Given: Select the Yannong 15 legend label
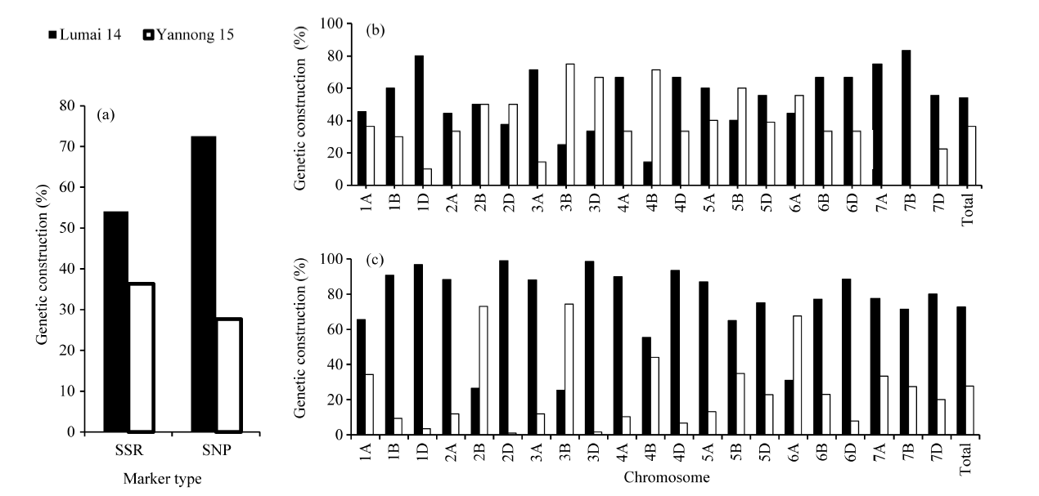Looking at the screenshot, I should (196, 35).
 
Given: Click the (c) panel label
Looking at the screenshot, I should (376, 263).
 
